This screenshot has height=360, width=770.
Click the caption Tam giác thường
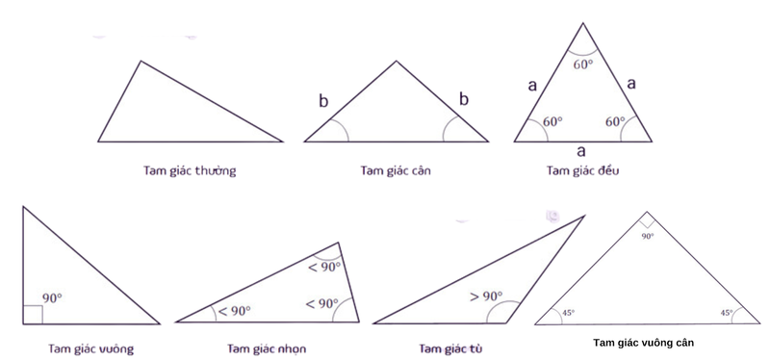click(186, 171)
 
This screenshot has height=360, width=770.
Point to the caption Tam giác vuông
click(90, 347)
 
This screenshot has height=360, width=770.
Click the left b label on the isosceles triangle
click(324, 100)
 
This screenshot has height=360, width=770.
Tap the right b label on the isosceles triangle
click(464, 98)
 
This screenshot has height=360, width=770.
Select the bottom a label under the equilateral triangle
click(580, 151)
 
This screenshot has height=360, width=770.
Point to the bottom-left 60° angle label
click(552, 123)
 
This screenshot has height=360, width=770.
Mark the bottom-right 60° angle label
click(615, 122)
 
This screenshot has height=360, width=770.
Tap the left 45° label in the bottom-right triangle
click(569, 313)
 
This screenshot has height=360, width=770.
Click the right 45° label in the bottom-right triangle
click(726, 313)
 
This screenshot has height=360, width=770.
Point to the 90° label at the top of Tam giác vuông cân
click(647, 236)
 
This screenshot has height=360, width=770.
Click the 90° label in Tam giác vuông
click(52, 299)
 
